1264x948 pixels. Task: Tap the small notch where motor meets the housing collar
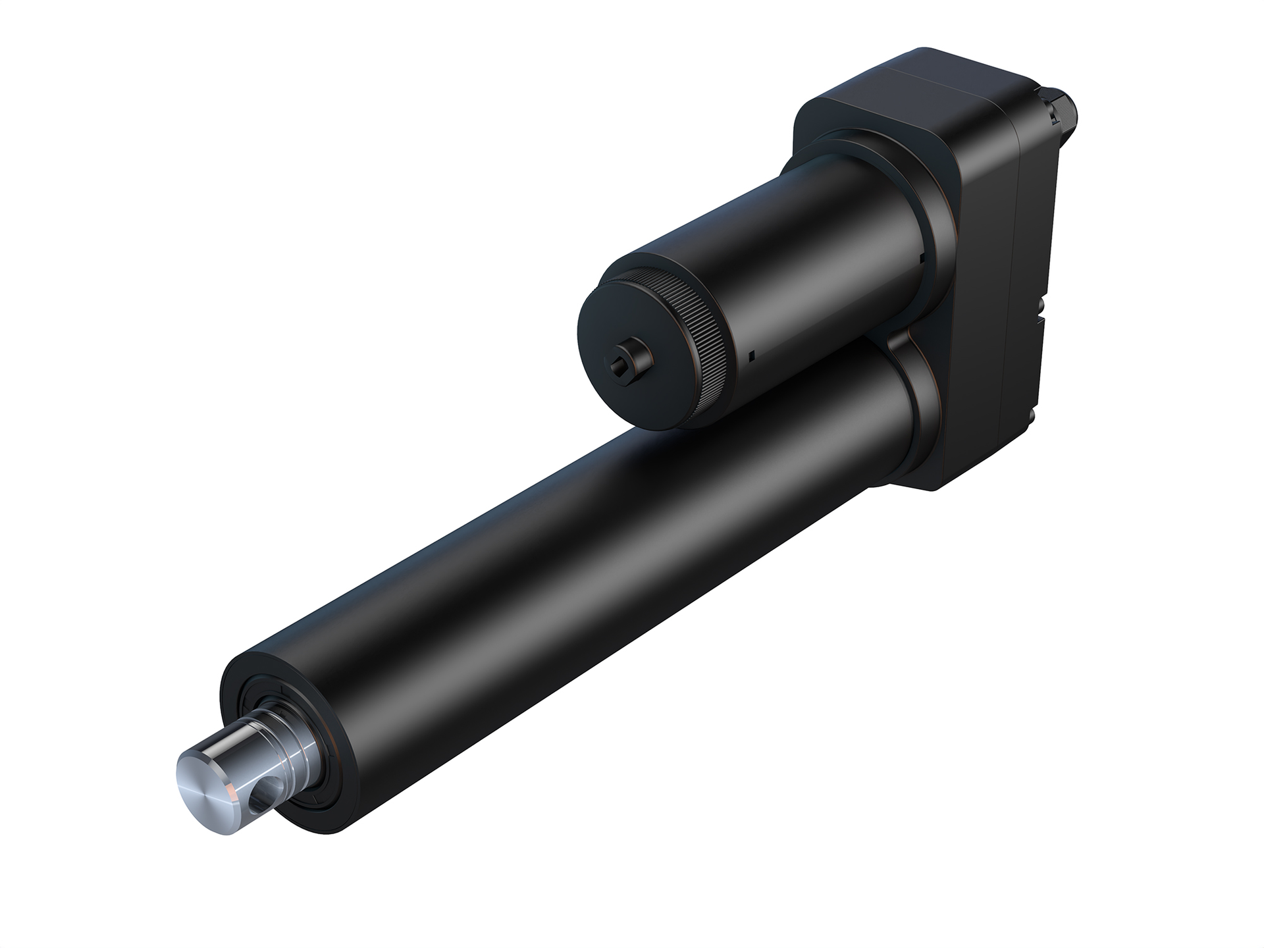point(926,254)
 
